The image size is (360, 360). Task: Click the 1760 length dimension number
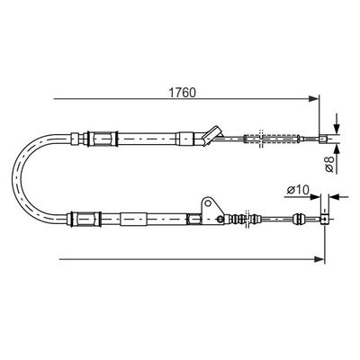[182, 93]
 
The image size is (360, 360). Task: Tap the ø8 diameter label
[329, 164]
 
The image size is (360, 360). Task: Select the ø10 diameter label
[298, 190]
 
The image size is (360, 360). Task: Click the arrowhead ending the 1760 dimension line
[313, 98]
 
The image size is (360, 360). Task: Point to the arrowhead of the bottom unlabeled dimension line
[319, 259]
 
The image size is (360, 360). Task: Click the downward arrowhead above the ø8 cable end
[337, 129]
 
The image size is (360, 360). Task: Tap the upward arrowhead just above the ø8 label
[337, 149]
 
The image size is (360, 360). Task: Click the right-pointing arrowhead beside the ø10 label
[315, 197]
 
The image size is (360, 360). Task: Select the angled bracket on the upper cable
[212, 136]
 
